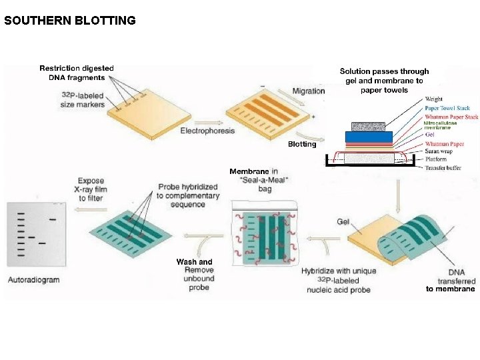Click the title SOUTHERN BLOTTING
pyautogui.click(x=70, y=20)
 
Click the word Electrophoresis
pyautogui.click(x=207, y=131)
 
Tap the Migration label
pyautogui.click(x=308, y=91)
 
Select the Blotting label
pyautogui.click(x=302, y=144)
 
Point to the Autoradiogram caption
pyautogui.click(x=34, y=279)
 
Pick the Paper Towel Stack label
pyautogui.click(x=447, y=108)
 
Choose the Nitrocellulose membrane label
pyautogui.click(x=441, y=125)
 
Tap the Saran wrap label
pyautogui.click(x=441, y=151)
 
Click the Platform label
pyautogui.click(x=437, y=159)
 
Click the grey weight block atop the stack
pyautogui.click(x=368, y=126)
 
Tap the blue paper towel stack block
pyautogui.click(x=368, y=136)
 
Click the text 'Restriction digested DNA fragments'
pyautogui.click(x=77, y=73)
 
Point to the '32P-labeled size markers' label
pyautogui.click(x=83, y=100)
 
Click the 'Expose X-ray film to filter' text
pyautogui.click(x=91, y=189)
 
